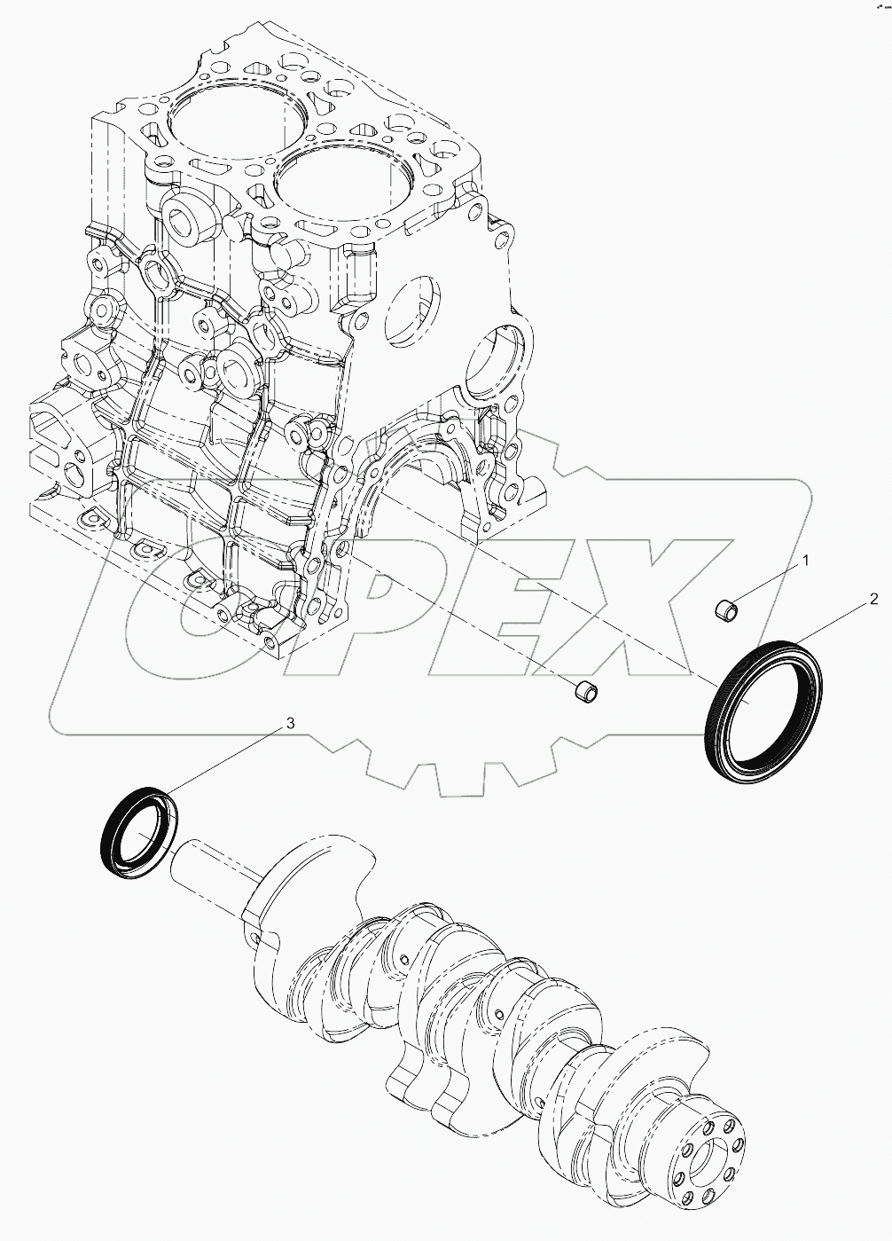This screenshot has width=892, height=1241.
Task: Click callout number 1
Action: point(806,560)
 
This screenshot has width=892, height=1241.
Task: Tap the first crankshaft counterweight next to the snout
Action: point(310,896)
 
